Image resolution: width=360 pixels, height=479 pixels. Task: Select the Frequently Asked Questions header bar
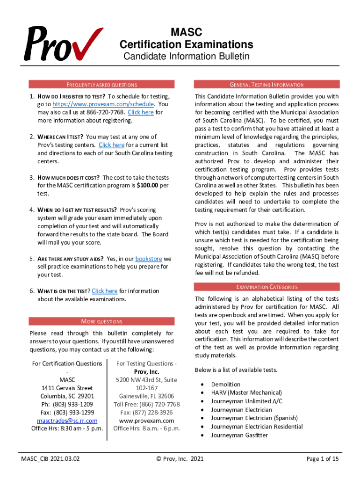pos(101,85)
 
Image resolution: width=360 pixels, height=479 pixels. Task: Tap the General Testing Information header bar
pos(266,85)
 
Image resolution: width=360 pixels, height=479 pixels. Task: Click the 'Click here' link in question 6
pos(104,291)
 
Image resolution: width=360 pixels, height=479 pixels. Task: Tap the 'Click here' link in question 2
pos(111,145)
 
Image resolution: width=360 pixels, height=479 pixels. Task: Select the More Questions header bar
pos(101,321)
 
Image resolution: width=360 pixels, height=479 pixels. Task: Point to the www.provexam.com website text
pos(146,421)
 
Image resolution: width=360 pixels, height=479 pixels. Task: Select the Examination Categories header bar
pos(266,287)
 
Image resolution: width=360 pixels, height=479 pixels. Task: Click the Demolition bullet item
pos(225,385)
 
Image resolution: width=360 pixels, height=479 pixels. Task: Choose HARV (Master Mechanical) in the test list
pos(246,393)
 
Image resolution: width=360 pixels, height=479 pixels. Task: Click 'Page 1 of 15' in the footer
pos(322,459)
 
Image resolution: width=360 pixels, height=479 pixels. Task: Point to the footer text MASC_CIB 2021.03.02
pos(50,459)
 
